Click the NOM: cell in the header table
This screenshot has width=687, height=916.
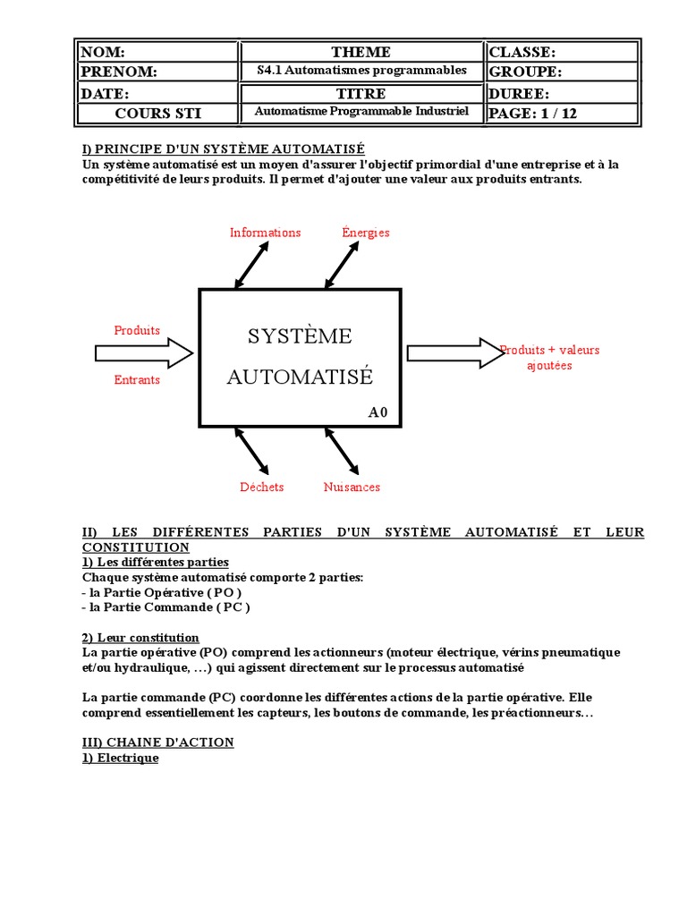[158, 53]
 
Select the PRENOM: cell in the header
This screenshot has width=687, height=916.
[158, 72]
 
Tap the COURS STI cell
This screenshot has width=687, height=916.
[158, 114]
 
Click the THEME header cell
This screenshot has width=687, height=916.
[360, 53]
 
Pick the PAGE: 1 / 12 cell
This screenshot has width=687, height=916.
[562, 114]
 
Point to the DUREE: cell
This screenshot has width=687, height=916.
[562, 93]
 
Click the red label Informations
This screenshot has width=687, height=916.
[265, 233]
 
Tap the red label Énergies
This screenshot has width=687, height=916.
[366, 233]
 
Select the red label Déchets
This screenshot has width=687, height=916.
[261, 488]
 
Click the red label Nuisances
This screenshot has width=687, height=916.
[352, 488]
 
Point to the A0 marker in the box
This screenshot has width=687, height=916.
[378, 412]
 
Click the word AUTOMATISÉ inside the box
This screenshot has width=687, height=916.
[300, 377]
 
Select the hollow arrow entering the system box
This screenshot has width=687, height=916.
[144, 353]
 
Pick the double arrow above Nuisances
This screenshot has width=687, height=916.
[342, 450]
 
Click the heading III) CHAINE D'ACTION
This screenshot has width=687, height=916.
[157, 742]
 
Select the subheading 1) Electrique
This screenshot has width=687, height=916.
[120, 759]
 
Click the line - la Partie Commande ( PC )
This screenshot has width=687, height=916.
[166, 607]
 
